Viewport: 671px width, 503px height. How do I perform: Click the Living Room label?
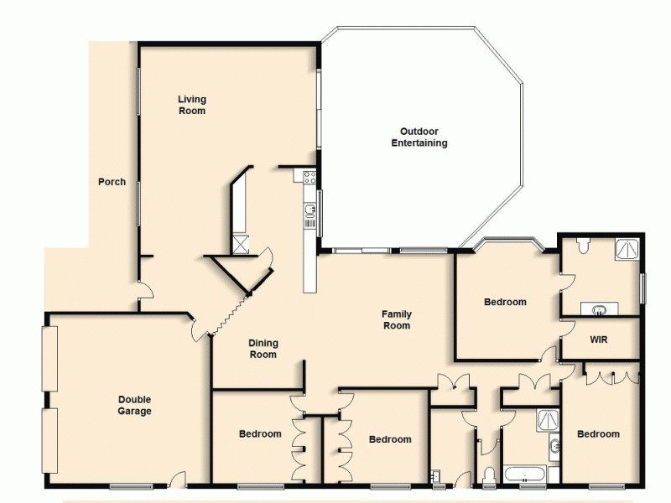pyautogui.click(x=191, y=105)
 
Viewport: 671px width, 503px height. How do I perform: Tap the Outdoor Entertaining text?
pyautogui.click(x=419, y=137)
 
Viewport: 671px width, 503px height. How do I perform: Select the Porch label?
pyautogui.click(x=112, y=181)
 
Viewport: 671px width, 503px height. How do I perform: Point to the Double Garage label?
pyautogui.click(x=134, y=406)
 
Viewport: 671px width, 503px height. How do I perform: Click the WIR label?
pyautogui.click(x=598, y=340)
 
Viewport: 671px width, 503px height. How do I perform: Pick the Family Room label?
pyautogui.click(x=397, y=319)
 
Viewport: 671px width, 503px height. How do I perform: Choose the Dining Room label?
pyautogui.click(x=263, y=349)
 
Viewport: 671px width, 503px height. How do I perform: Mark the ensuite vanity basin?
pyautogui.click(x=600, y=310)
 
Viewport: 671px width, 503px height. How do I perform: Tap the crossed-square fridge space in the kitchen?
pyautogui.click(x=241, y=244)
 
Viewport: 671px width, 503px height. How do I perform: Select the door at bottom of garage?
pyautogui.click(x=176, y=480)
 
